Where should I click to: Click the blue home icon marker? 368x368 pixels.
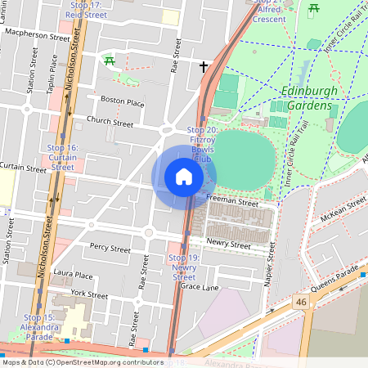(x=184, y=177)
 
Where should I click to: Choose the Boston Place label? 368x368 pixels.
(x=122, y=102)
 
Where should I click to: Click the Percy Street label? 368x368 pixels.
(x=110, y=247)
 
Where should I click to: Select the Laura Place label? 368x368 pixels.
(x=72, y=276)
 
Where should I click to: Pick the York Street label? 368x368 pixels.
(x=89, y=294)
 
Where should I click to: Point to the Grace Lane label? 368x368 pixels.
(x=200, y=287)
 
